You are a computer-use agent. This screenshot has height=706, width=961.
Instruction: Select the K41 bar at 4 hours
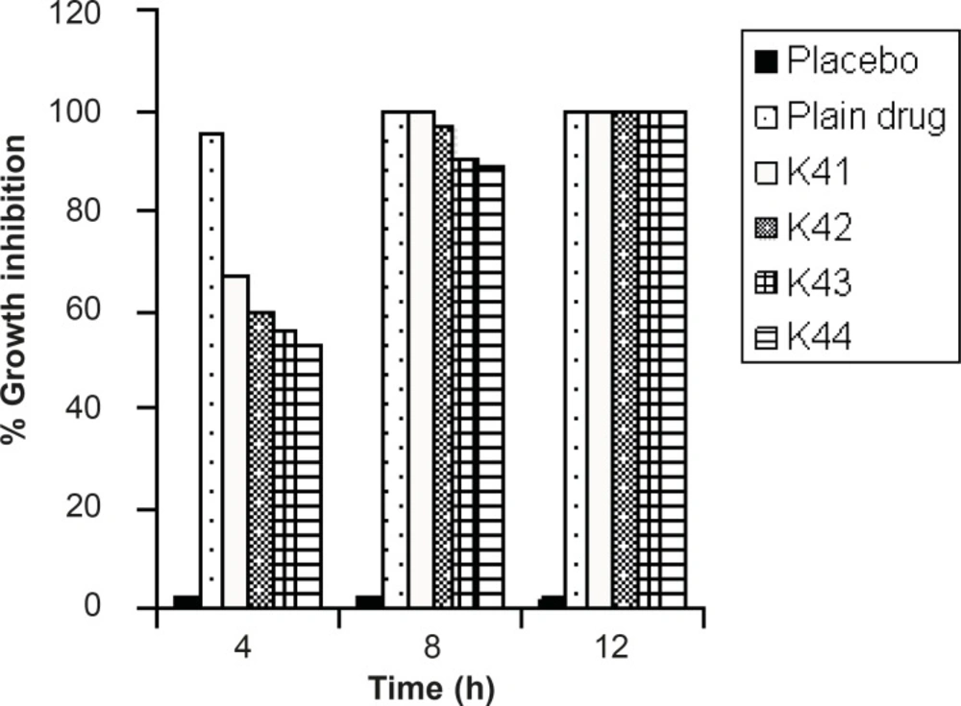point(235,441)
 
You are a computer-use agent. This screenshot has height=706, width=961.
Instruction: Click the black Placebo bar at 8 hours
point(369,601)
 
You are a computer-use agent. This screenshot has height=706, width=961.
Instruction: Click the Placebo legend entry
point(836,61)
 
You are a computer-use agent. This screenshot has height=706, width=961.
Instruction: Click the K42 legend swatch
point(765,229)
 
